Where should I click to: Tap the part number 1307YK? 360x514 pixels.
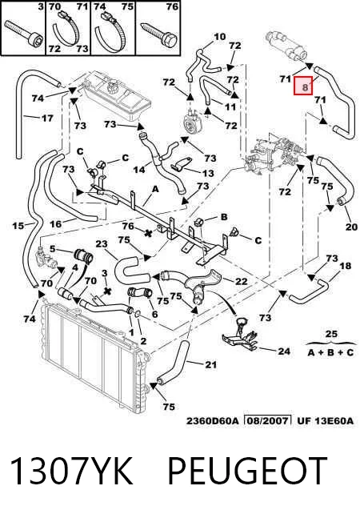pyautogui.click(x=72, y=472)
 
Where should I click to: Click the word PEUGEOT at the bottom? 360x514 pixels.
pyautogui.click(x=248, y=471)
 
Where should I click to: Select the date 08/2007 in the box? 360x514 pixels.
pyautogui.click(x=268, y=420)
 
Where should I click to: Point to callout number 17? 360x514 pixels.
pyautogui.click(x=47, y=118)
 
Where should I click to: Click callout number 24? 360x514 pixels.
pyautogui.click(x=284, y=351)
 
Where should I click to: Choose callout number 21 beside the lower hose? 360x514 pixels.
pyautogui.click(x=210, y=364)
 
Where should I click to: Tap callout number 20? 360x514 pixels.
pyautogui.click(x=351, y=227)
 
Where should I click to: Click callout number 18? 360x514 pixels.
pyautogui.click(x=345, y=266)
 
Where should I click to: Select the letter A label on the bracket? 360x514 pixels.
pyautogui.click(x=155, y=189)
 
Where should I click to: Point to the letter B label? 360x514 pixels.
pyautogui.click(x=224, y=217)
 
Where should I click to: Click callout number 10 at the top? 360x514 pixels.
pyautogui.click(x=220, y=36)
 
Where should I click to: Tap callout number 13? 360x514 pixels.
pyautogui.click(x=208, y=173)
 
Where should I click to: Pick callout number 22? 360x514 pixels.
pyautogui.click(x=241, y=281)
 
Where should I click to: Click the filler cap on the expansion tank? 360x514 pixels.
pyautogui.click(x=112, y=87)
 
